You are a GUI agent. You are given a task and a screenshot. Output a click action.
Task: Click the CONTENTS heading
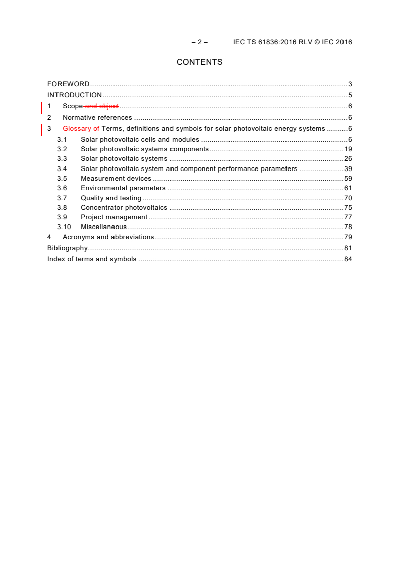click(x=199, y=62)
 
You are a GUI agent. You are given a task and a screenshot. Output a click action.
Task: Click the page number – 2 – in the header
click(x=199, y=42)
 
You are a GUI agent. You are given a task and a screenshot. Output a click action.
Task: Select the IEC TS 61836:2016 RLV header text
click(x=292, y=42)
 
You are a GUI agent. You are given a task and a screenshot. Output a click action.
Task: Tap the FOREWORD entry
click(x=68, y=84)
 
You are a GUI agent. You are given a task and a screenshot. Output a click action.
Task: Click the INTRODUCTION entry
click(x=75, y=95)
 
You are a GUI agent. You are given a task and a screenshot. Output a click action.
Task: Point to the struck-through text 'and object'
click(x=102, y=106)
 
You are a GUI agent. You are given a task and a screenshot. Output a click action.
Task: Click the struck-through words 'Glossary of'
click(x=81, y=129)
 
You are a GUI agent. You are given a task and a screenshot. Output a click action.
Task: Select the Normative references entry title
click(x=97, y=118)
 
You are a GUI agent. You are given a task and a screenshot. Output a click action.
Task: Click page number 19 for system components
click(x=348, y=149)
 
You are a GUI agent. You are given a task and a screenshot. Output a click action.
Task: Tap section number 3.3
click(x=62, y=159)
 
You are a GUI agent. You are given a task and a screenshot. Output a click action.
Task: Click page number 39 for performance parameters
click(x=348, y=169)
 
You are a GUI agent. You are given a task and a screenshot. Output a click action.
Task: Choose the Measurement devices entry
click(x=116, y=179)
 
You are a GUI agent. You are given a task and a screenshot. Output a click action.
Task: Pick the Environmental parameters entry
click(x=123, y=188)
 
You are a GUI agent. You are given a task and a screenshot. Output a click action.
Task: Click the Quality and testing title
click(x=111, y=198)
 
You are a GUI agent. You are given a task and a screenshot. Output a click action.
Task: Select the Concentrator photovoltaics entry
click(x=124, y=208)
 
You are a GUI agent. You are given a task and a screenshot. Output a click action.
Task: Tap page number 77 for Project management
click(x=348, y=217)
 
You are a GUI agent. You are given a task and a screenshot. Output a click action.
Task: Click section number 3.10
click(x=64, y=227)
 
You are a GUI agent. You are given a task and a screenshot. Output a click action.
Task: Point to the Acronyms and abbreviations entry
click(x=108, y=237)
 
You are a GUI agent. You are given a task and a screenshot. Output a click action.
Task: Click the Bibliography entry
click(x=68, y=248)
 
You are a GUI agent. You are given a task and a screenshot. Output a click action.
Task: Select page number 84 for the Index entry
click(x=348, y=259)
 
